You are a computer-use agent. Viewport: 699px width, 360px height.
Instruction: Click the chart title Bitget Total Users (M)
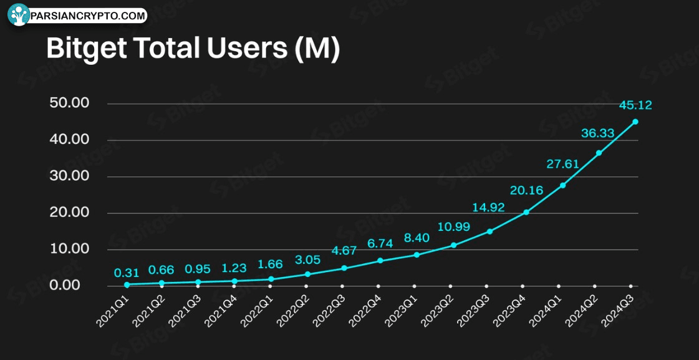pos(193,49)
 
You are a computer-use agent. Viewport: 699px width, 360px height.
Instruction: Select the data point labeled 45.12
pos(635,122)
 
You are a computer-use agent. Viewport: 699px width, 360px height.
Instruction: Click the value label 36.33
pos(597,134)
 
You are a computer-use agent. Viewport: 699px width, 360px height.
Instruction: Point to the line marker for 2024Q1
pos(562,185)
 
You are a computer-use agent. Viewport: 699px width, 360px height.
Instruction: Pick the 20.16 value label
pos(526,190)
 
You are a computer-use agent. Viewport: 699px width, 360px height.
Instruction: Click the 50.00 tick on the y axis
pos(69,103)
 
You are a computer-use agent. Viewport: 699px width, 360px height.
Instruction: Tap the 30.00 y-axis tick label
pos(69,176)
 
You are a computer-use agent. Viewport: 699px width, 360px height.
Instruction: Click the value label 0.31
pos(127,273)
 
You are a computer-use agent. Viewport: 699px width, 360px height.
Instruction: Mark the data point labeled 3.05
pos(307,274)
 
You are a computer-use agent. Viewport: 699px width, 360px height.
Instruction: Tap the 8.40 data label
pos(417,238)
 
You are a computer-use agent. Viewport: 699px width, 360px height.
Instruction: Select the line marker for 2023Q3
pos(489,231)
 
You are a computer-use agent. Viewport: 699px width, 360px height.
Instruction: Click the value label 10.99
pos(453,226)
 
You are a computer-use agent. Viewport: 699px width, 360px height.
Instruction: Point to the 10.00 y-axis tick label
pos(69,249)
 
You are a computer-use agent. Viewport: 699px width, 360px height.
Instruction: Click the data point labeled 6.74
pos(380,260)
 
